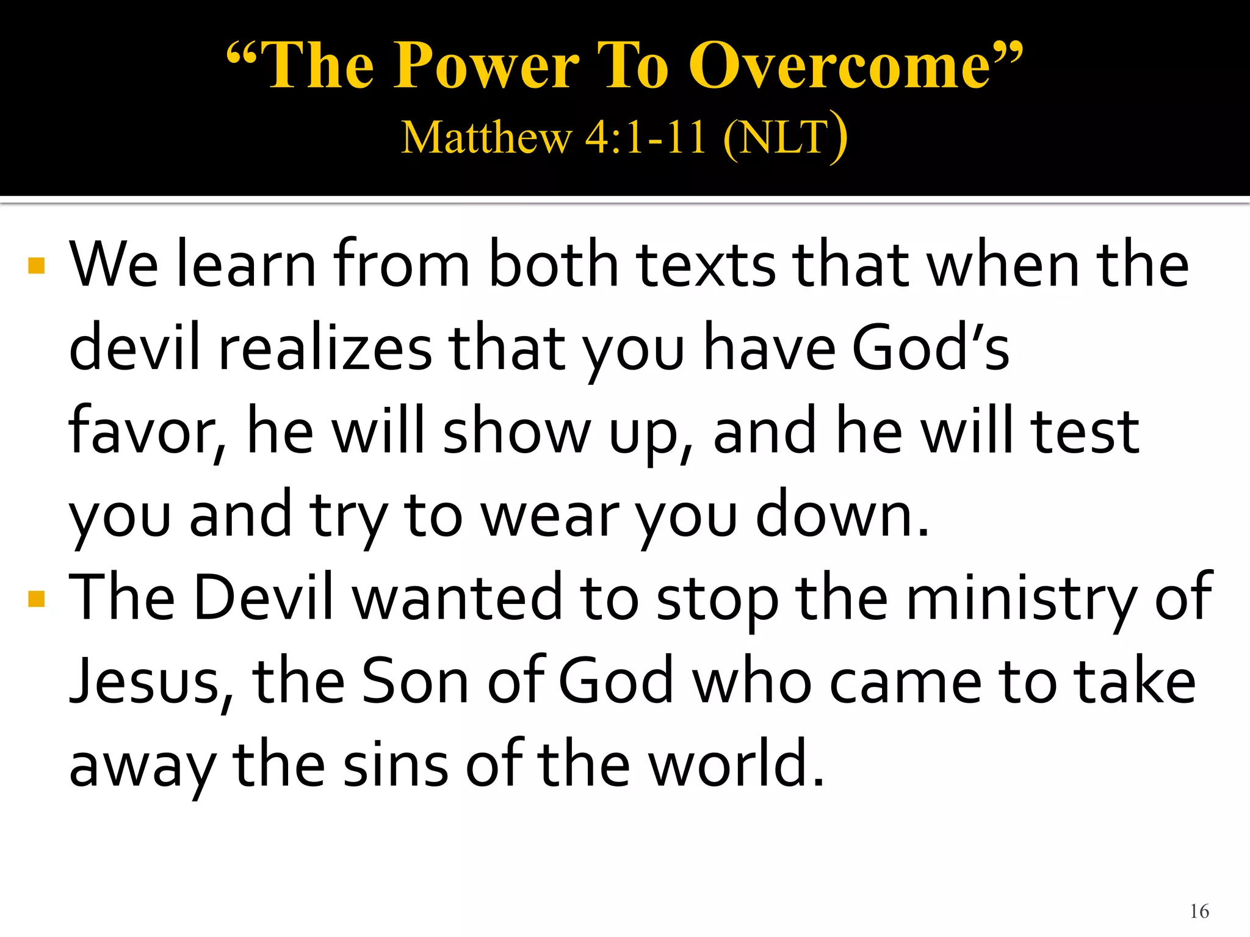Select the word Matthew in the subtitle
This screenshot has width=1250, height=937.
tap(486, 137)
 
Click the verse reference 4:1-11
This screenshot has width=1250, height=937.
tap(645, 137)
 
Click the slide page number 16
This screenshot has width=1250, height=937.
tap(1199, 911)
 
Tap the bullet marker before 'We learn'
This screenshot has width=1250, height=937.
tap(37, 265)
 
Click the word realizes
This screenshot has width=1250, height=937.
tap(325, 348)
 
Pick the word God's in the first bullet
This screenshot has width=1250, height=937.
tap(931, 348)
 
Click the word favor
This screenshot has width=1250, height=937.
tap(143, 432)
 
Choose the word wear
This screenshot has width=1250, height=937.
tap(550, 515)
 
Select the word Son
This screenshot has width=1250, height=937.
tap(415, 682)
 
